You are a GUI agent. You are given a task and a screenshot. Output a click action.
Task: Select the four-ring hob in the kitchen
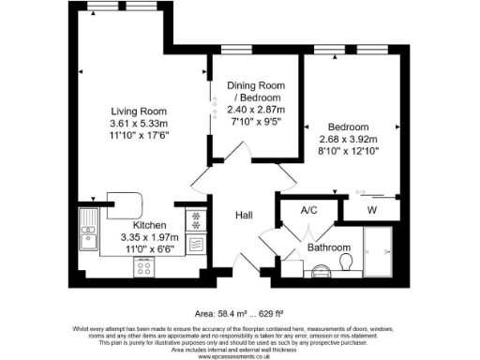coord(145,267)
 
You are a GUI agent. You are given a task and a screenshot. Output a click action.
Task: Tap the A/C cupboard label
coord(308,212)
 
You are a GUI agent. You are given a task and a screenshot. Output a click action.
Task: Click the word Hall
coord(244,215)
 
